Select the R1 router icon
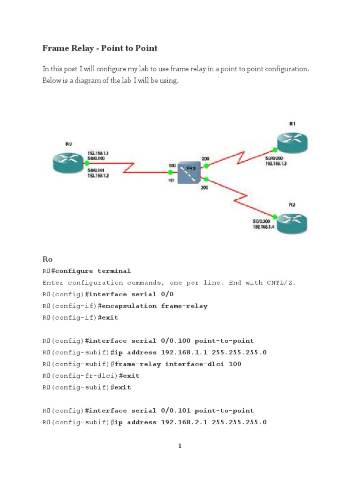[291, 141]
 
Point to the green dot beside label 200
[206, 165]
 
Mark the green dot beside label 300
[206, 179]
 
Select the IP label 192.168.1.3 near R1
[277, 164]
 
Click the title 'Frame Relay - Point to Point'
[100, 48]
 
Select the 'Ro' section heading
[47, 259]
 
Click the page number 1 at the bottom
[180, 446]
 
